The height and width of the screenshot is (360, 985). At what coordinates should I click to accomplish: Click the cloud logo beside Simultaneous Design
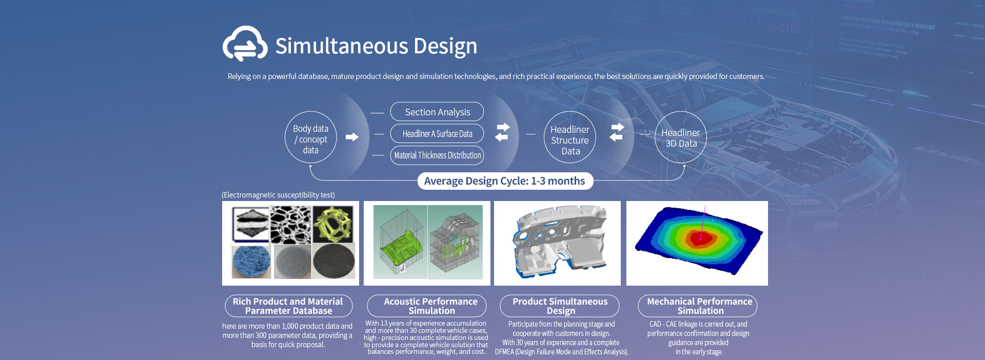[x=245, y=44]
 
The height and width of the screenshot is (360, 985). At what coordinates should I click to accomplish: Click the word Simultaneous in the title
[x=341, y=46]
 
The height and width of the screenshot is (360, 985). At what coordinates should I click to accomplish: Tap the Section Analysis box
[x=437, y=112]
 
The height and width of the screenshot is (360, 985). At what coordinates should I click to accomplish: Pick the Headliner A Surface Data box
[x=437, y=134]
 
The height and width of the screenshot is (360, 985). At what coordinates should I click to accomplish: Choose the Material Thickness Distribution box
[x=437, y=155]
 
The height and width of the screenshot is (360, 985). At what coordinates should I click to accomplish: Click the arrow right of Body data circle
[x=352, y=137]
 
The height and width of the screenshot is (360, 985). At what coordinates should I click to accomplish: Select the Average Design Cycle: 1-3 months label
[x=505, y=181]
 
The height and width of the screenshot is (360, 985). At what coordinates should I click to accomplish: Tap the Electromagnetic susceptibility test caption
[x=278, y=195]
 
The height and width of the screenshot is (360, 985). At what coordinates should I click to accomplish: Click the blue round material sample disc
[x=251, y=262]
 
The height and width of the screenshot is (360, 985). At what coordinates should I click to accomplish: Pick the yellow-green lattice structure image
[x=332, y=224]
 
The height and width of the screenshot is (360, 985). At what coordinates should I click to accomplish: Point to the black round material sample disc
[x=333, y=262]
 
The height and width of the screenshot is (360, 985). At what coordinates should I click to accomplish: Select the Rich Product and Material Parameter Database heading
[x=288, y=306]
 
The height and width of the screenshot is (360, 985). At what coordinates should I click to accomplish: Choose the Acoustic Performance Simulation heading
[x=431, y=306]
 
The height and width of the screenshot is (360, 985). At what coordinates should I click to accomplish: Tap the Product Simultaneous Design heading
[x=560, y=306]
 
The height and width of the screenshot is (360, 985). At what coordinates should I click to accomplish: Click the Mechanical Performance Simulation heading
[x=699, y=306]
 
